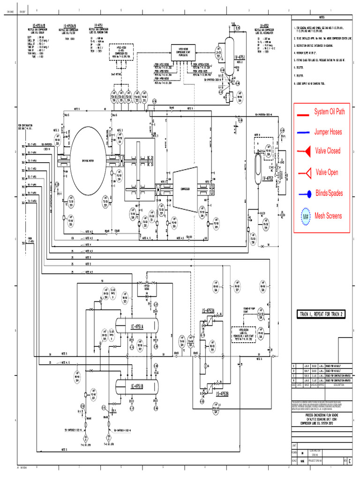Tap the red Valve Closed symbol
[x=305, y=151]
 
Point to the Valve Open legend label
[x=327, y=172]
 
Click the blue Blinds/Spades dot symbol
[x=305, y=193]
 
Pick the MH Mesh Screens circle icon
[x=306, y=216]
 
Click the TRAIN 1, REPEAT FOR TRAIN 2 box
[x=322, y=315]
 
